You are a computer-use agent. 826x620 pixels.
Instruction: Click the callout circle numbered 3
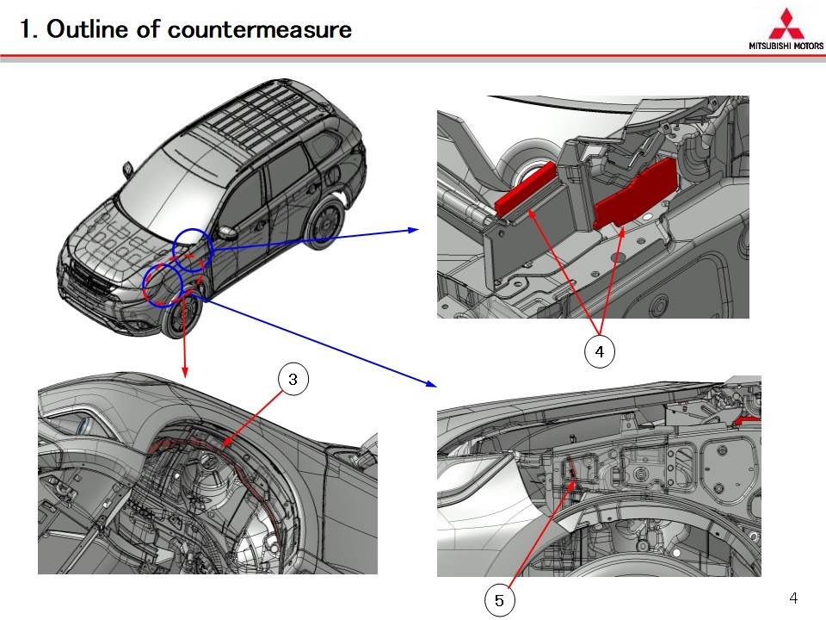pos(293,379)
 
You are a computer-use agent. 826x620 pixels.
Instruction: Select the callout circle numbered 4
pos(600,351)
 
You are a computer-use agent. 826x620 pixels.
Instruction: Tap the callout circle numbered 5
pos(499,600)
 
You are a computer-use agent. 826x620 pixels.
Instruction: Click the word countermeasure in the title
pos(260,29)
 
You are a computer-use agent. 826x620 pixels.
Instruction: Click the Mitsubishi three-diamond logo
pos(786,23)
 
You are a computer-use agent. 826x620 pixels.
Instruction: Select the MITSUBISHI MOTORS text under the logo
pos(786,46)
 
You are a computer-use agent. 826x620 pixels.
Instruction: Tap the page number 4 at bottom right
pos(793,598)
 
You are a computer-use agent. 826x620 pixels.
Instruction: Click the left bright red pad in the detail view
pos(524,189)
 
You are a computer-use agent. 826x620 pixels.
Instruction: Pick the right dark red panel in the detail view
pos(635,194)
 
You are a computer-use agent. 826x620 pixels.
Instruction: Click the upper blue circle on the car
pos(193,250)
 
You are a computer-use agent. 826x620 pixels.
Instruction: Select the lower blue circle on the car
pos(163,285)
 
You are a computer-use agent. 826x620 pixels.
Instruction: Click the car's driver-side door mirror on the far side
pos(128,170)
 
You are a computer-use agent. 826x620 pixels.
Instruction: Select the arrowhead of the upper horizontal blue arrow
pos(414,230)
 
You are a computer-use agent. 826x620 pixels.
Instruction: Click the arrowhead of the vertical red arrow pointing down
pos(185,373)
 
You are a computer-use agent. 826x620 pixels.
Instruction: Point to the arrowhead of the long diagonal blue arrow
pos(431,383)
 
